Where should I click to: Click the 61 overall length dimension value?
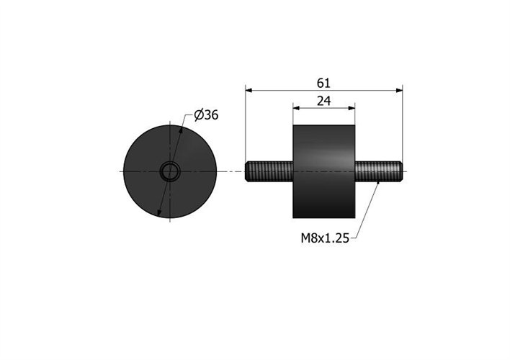coord(323,84)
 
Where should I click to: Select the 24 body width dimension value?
coord(324,102)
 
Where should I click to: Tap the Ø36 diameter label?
coord(206,115)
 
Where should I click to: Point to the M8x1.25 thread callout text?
coord(325,238)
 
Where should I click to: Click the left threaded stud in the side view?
coord(269,171)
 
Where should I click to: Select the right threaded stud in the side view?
coord(379,171)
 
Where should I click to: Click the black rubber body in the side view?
coord(324,171)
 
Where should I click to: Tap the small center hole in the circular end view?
coord(170,171)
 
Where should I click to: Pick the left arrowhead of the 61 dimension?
coord(249,91)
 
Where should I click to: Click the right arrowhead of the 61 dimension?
coord(399,91)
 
